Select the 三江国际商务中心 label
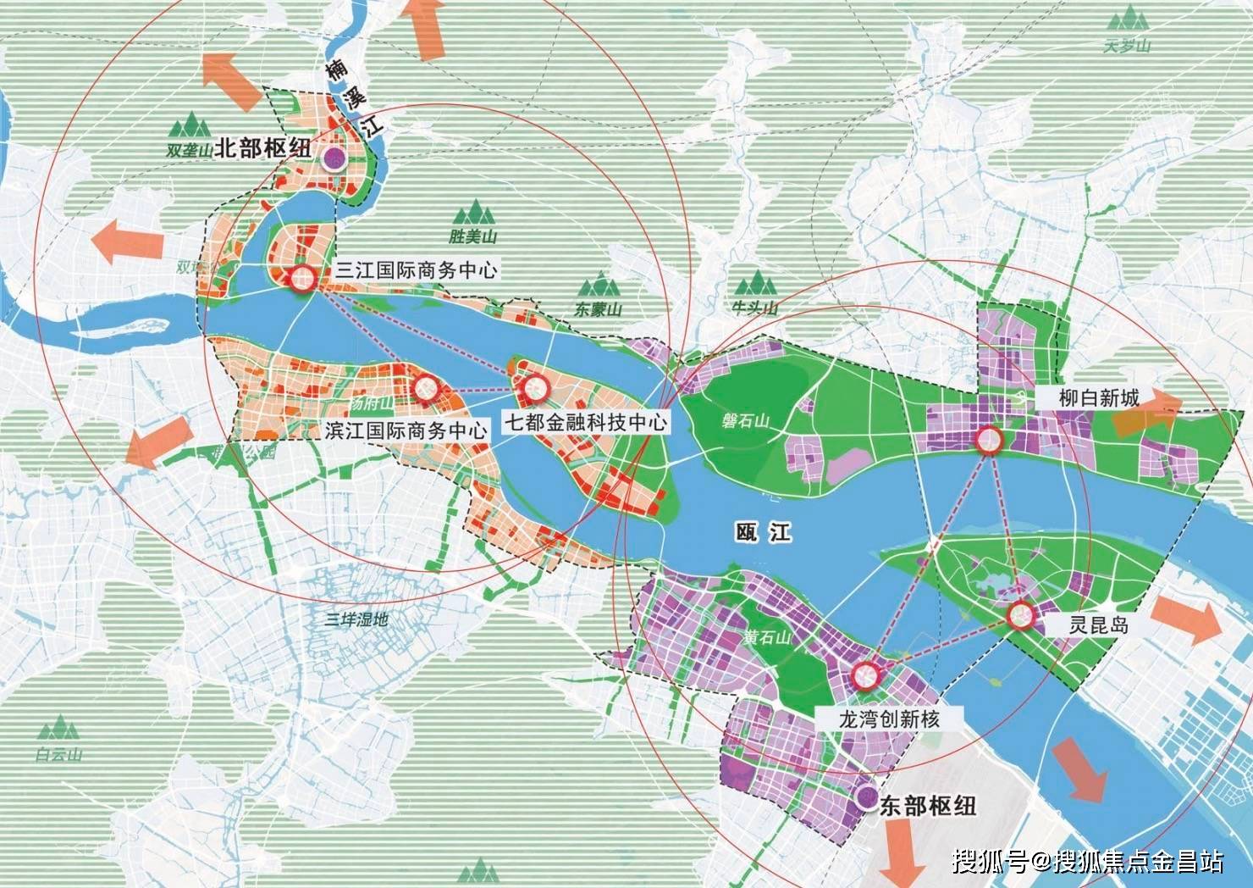(416, 271)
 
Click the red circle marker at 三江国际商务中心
(301, 278)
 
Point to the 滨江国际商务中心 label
(406, 430)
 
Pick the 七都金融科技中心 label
(585, 421)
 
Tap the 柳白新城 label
(1099, 397)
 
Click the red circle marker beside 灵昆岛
(1020, 616)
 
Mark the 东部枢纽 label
(928, 804)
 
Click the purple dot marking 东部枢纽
(865, 796)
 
